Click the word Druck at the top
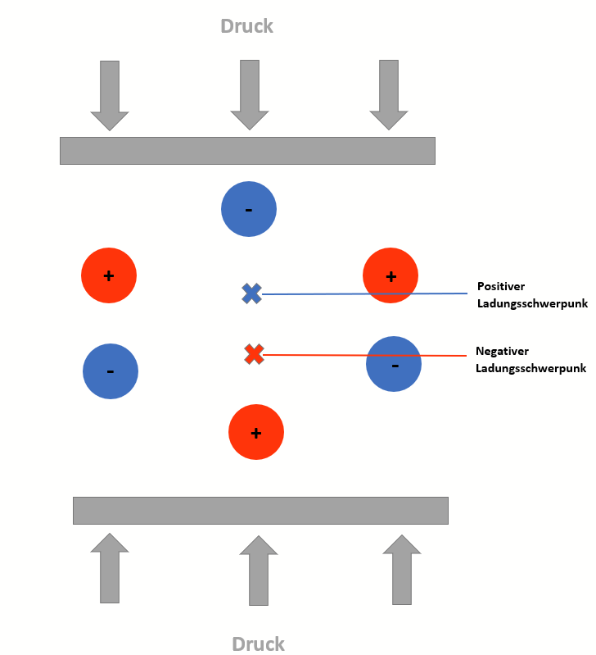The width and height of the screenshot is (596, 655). coord(246,26)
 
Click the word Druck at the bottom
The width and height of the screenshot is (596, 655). coord(258,644)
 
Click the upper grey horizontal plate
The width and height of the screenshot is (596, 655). coord(247,151)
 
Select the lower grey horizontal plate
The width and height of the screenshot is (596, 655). coord(260,510)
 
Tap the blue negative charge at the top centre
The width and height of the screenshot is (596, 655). coord(249,209)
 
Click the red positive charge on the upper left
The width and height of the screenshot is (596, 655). coord(109,275)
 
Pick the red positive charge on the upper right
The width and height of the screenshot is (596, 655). coord(391,276)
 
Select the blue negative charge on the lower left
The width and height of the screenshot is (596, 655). coord(111,371)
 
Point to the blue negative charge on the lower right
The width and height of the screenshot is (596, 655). coord(394,364)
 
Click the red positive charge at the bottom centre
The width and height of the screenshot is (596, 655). coord(256,432)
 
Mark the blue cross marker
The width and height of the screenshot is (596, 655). coord(251,293)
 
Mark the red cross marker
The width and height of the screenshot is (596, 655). coord(254,354)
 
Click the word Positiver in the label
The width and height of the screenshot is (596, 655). coord(501,287)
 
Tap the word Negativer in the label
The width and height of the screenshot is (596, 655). coord(502,351)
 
